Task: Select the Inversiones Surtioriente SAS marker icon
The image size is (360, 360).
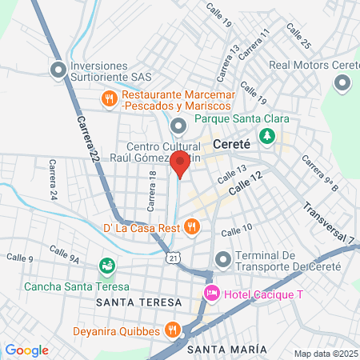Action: coord(58,70)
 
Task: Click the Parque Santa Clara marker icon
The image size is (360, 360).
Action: coord(178,124)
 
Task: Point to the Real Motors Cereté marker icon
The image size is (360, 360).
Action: coord(343,82)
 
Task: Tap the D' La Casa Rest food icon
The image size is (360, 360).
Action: coord(190,227)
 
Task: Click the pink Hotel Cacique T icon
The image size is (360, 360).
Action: coord(211,294)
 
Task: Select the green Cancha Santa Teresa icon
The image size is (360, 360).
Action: coord(106,265)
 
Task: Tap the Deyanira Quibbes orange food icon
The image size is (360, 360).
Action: coord(171,329)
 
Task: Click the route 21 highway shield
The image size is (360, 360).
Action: coord(174,258)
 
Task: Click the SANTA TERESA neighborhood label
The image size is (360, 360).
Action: coord(131,303)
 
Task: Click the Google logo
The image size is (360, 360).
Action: coord(26,350)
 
